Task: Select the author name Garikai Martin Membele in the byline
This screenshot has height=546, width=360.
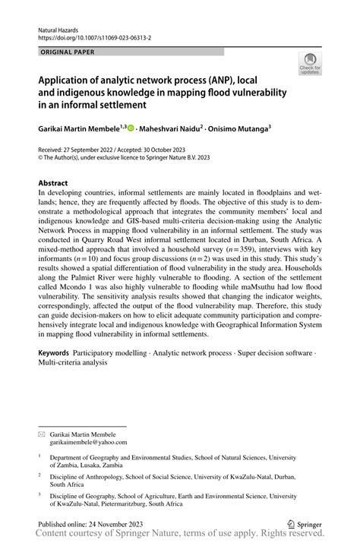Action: click(79, 129)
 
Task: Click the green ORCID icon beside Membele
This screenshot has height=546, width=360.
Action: click(131, 129)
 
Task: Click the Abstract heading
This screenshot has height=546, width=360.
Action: click(53, 184)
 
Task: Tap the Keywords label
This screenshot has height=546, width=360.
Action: click(54, 354)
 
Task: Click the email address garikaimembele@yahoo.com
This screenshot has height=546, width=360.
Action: click(90, 441)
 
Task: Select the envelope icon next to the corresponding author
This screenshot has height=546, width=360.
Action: click(42, 433)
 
